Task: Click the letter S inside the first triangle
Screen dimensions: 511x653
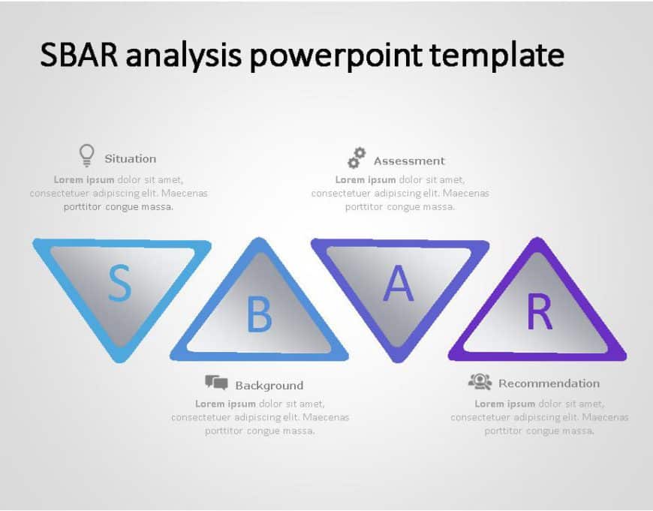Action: click(119, 283)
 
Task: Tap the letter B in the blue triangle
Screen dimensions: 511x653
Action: click(259, 315)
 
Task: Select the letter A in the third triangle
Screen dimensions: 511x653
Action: click(399, 284)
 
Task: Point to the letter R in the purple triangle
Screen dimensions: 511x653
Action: click(539, 313)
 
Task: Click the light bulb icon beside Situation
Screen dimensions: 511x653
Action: click(87, 155)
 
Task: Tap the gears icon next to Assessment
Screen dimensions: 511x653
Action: click(357, 158)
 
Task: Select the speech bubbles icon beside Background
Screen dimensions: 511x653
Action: click(216, 383)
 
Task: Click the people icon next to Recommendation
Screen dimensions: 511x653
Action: click(480, 382)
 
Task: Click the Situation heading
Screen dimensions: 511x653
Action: click(131, 158)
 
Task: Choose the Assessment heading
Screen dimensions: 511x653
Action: click(409, 161)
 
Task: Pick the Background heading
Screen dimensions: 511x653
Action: click(269, 386)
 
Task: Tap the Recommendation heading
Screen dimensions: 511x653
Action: click(549, 383)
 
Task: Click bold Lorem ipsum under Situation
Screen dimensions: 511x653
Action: click(84, 179)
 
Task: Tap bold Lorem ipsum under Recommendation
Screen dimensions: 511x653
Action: click(504, 404)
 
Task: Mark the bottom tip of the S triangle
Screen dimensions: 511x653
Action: click(120, 359)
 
